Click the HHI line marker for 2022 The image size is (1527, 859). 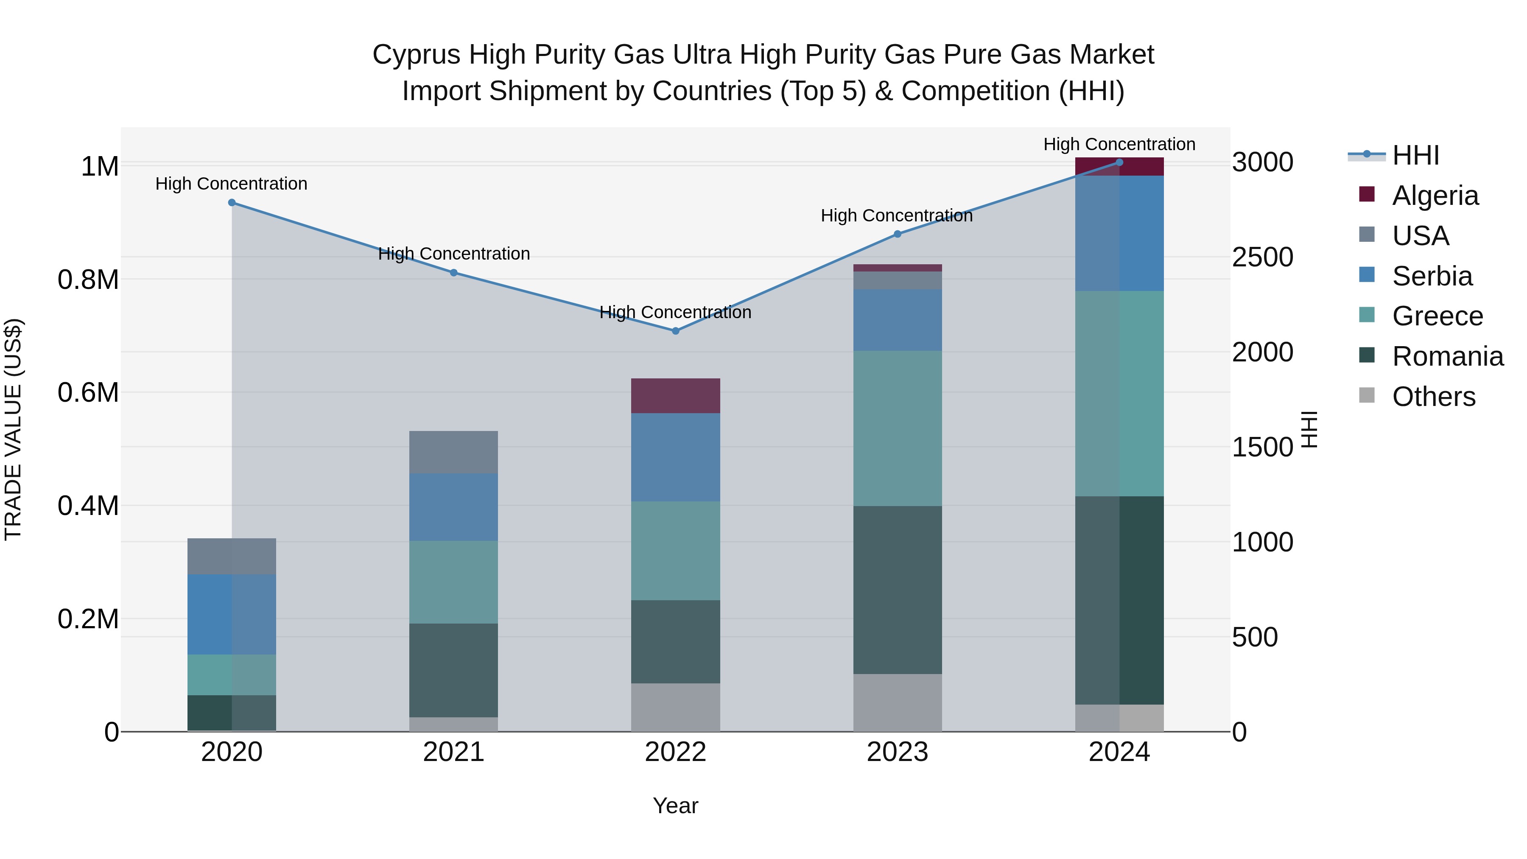coord(675,331)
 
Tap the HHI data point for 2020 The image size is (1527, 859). coord(232,203)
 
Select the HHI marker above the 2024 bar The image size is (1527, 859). coord(1119,162)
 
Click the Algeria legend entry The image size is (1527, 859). coord(1435,196)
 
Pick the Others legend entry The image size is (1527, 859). coord(1433,397)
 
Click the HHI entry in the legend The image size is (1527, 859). coord(1415,155)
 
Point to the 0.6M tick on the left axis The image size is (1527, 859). coord(88,392)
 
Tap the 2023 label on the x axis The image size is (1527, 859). coord(897,752)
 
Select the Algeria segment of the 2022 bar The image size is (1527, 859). coord(675,395)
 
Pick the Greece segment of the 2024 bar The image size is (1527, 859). coord(1119,393)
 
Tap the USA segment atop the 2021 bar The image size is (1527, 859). coord(453,452)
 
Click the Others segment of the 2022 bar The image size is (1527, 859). coord(675,707)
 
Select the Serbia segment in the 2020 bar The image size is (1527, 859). coord(232,614)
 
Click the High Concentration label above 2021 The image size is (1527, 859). coord(453,254)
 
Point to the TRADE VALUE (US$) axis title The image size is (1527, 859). coord(13,429)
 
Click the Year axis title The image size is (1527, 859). coord(675,806)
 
